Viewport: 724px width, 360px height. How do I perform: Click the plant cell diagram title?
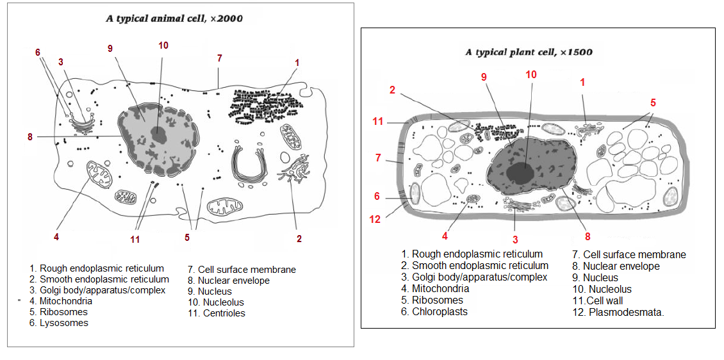click(528, 52)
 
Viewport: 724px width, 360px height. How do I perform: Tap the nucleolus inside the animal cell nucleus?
click(161, 135)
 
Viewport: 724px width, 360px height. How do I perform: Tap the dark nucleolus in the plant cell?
click(520, 174)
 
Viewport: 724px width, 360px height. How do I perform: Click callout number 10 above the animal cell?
click(163, 45)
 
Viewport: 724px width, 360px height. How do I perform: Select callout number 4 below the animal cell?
click(56, 237)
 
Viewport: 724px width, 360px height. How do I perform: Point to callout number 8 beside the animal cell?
click(30, 136)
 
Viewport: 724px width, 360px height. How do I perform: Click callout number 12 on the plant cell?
click(375, 219)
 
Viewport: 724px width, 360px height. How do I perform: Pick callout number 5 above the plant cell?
click(653, 102)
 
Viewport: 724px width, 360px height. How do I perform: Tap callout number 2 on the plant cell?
click(392, 90)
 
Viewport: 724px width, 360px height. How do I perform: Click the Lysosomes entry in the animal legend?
click(59, 323)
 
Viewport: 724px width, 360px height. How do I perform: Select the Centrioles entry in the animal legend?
click(217, 313)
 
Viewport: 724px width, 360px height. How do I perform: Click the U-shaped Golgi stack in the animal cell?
click(249, 166)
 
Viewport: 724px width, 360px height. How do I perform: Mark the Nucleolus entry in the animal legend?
click(216, 302)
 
